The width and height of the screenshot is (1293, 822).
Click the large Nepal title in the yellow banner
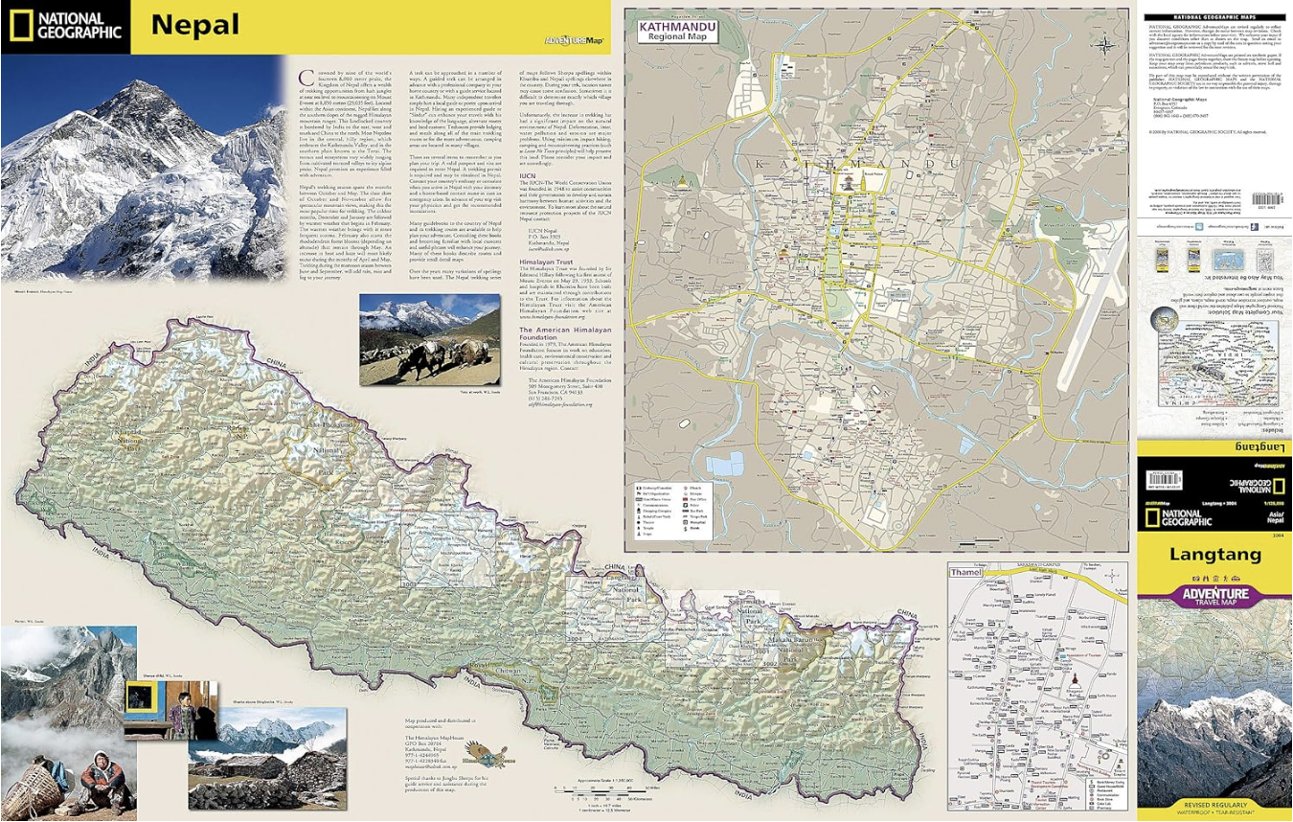pyautogui.click(x=195, y=25)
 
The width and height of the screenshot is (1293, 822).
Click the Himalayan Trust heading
pyautogui.click(x=555, y=260)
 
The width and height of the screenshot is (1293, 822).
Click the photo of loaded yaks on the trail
pyautogui.click(x=429, y=340)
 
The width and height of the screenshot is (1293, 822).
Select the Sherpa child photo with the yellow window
pyautogui.click(x=170, y=710)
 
